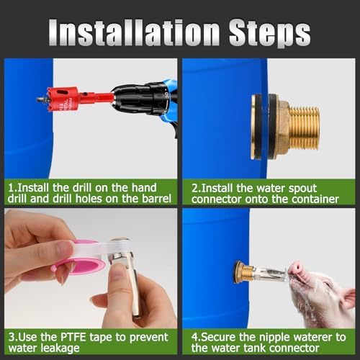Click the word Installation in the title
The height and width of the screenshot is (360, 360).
pyautogui.click(x=135, y=32)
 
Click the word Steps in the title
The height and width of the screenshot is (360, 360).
pyautogui.click(x=269, y=34)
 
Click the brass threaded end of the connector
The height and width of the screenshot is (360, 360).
pyautogui.click(x=305, y=128)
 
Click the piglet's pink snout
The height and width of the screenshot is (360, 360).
pyautogui.click(x=295, y=267)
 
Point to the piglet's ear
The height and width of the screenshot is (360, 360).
pyautogui.click(x=347, y=299)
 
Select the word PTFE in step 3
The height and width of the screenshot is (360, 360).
pyautogui.click(x=73, y=337)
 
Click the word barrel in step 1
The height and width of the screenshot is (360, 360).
pyautogui.click(x=156, y=199)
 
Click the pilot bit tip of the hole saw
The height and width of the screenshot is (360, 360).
pyautogui.click(x=38, y=99)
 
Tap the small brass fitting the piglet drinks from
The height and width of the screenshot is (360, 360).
pyautogui.click(x=244, y=271)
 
